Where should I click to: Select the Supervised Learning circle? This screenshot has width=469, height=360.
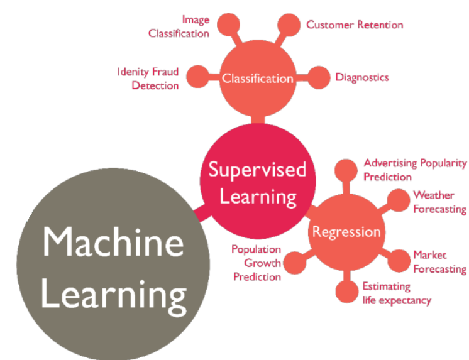(x=257, y=182)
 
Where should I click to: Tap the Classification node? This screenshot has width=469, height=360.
(x=257, y=79)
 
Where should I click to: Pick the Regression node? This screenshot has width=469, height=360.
(x=346, y=232)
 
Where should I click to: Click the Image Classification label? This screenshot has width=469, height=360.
(x=179, y=27)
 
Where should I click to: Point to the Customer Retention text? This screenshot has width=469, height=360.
(x=355, y=25)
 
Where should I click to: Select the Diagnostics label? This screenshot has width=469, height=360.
(x=362, y=77)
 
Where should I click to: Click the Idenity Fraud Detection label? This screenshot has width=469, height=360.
(x=148, y=78)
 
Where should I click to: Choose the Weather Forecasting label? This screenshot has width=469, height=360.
(x=439, y=202)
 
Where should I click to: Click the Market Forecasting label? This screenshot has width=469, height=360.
(x=439, y=262)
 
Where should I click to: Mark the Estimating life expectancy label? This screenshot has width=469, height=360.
(x=397, y=293)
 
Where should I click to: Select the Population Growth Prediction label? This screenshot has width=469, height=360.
(x=256, y=262)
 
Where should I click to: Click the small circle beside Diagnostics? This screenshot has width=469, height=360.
(x=321, y=78)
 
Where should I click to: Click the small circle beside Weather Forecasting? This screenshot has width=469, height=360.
(x=397, y=200)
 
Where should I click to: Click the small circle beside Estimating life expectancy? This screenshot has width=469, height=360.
(x=346, y=290)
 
